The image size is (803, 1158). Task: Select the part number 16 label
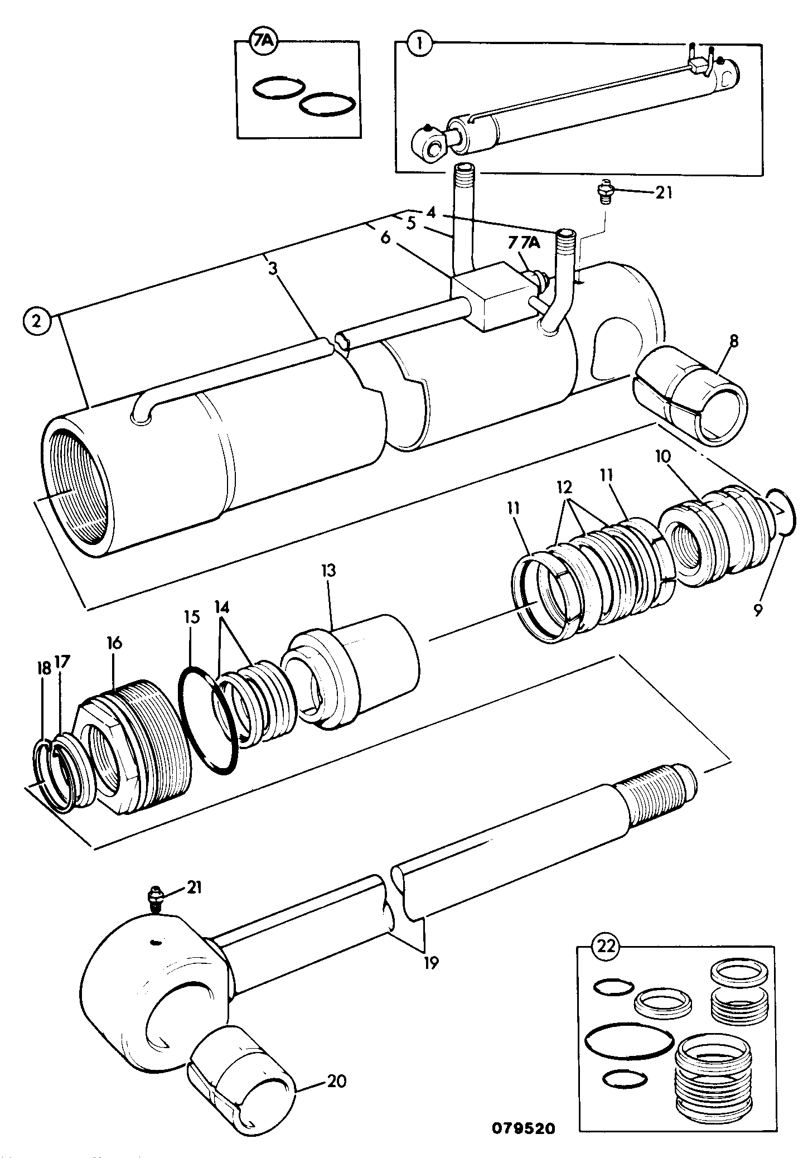click(x=114, y=643)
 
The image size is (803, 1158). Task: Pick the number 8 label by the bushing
click(x=733, y=341)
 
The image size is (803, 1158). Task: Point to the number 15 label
click(x=192, y=618)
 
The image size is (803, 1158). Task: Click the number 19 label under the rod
click(x=431, y=962)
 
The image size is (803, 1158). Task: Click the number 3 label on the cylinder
click(x=272, y=268)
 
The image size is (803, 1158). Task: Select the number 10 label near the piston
click(x=663, y=457)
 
